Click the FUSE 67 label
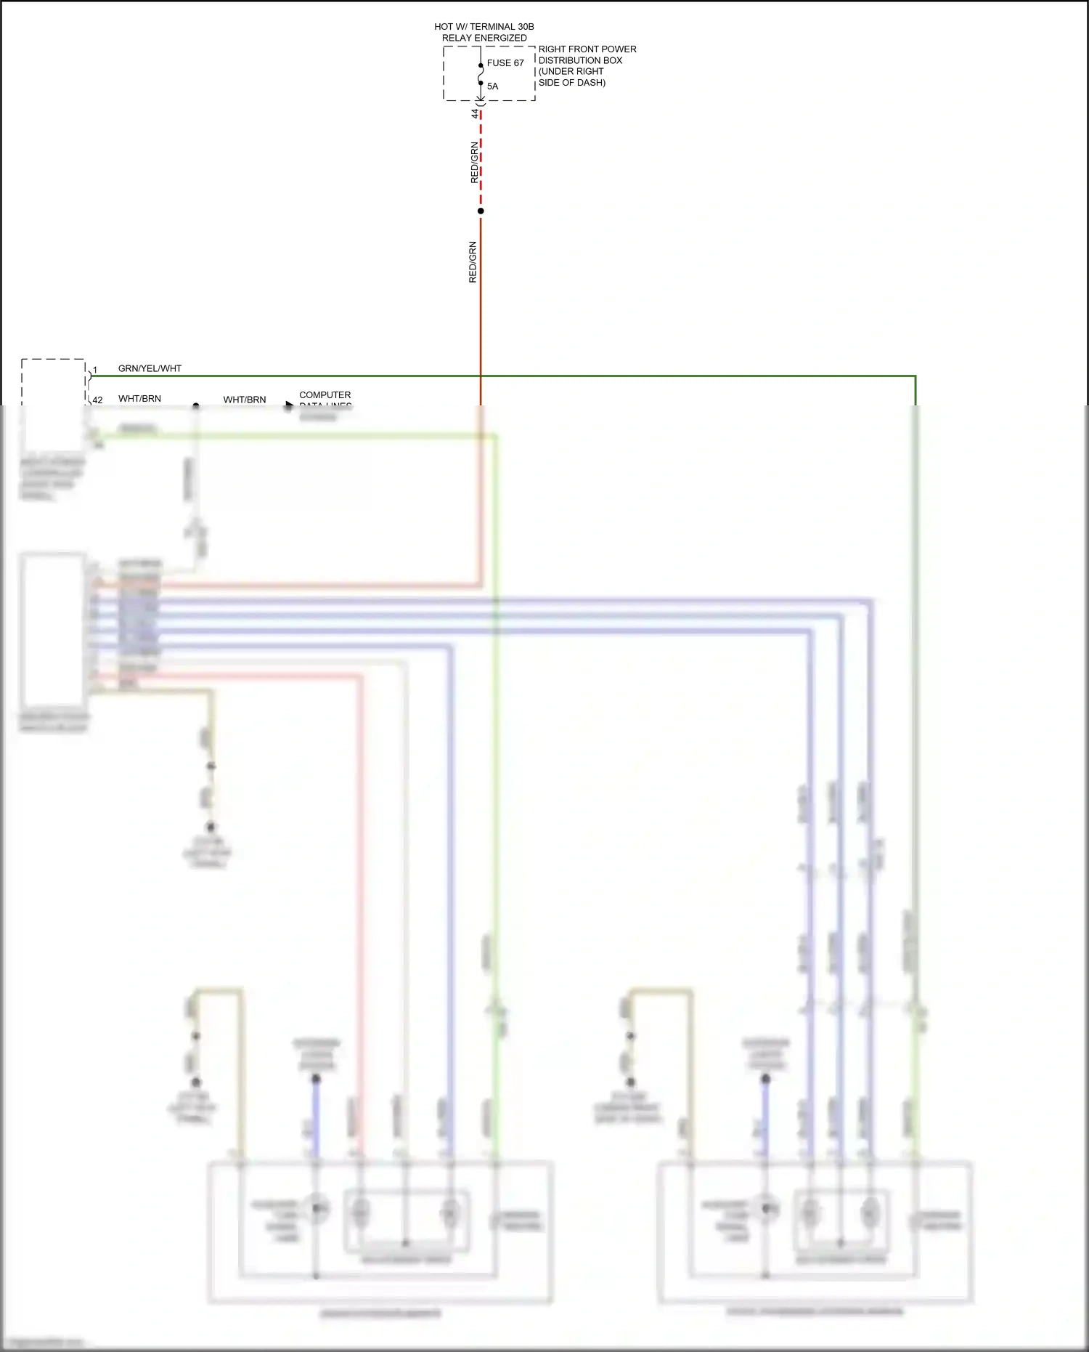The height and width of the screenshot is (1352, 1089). click(x=505, y=63)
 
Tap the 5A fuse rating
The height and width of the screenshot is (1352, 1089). click(x=492, y=86)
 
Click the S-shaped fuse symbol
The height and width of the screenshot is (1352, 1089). click(x=481, y=74)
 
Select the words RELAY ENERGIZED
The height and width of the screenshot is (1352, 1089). click(x=484, y=38)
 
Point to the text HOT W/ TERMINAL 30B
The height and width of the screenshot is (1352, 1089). click(x=484, y=27)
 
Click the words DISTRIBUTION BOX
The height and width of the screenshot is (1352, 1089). click(x=580, y=60)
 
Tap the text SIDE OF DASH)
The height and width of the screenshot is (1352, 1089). click(x=571, y=83)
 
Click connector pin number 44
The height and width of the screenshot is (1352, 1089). click(x=475, y=114)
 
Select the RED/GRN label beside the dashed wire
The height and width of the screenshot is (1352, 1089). click(x=474, y=163)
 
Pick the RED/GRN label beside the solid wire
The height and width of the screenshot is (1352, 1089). click(x=473, y=262)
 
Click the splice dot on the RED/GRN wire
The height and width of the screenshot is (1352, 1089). click(x=481, y=211)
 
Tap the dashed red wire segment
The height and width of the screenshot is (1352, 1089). click(x=481, y=160)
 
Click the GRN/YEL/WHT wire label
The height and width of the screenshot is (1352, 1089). click(x=150, y=368)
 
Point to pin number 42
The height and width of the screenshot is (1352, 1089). click(x=98, y=400)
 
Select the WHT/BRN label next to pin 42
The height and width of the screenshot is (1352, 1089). click(x=139, y=399)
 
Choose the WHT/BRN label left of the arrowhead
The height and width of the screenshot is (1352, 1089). click(x=244, y=400)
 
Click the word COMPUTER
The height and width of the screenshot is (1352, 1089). click(x=325, y=395)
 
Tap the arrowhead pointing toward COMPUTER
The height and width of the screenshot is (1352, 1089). click(x=289, y=405)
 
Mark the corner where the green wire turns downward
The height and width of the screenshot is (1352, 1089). click(x=915, y=376)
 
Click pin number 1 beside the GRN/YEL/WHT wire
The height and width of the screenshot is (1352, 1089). click(x=95, y=371)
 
